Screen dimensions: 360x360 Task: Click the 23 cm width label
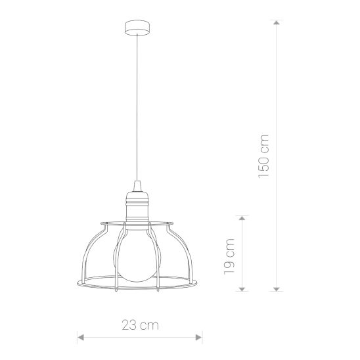pyautogui.click(x=140, y=325)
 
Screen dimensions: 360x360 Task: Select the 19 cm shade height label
pyautogui.click(x=229, y=256)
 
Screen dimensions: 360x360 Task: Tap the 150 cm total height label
pyautogui.click(x=263, y=156)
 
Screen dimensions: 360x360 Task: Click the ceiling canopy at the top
pyautogui.click(x=137, y=28)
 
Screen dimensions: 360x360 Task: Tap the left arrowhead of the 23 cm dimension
pyautogui.click(x=81, y=337)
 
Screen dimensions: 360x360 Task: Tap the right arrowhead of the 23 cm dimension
pyautogui.click(x=198, y=337)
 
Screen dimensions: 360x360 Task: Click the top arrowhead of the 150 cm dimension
pyautogui.click(x=277, y=22)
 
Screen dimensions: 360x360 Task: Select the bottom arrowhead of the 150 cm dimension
pyautogui.click(x=277, y=289)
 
